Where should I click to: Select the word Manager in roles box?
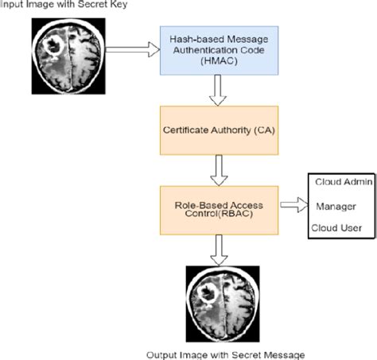tap(335, 206)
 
